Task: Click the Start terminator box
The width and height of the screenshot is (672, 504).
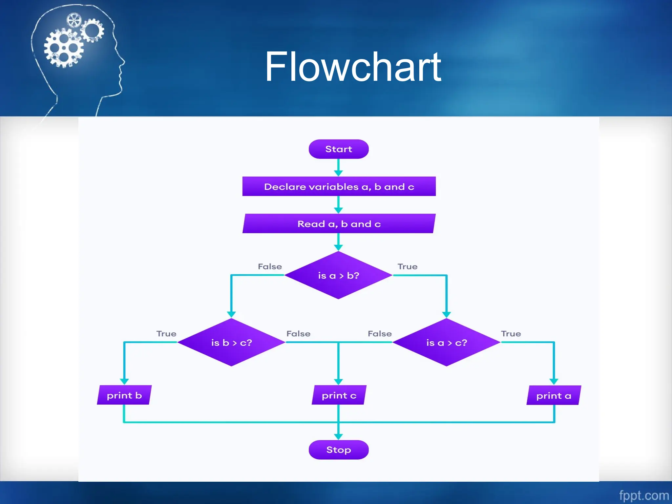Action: click(x=338, y=149)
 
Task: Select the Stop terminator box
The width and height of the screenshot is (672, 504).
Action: click(x=338, y=450)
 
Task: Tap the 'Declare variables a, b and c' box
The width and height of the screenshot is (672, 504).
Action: click(x=339, y=186)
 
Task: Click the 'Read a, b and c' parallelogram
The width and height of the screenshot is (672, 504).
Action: click(x=339, y=224)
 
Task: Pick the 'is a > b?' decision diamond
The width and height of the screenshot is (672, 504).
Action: click(x=338, y=275)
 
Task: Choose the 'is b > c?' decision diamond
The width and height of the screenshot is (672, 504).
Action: click(x=231, y=343)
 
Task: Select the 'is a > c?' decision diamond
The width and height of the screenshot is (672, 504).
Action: click(x=446, y=343)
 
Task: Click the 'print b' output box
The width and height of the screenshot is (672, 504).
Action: click(x=124, y=395)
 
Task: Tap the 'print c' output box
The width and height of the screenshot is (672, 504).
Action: click(x=339, y=395)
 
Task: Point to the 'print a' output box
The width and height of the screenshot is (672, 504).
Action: click(x=554, y=395)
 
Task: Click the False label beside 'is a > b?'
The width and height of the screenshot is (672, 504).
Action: click(x=270, y=266)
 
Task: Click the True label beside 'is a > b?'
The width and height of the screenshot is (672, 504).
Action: click(x=408, y=266)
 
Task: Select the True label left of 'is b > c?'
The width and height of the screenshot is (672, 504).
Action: click(x=166, y=334)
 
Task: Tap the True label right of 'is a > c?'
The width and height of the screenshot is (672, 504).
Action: click(x=511, y=334)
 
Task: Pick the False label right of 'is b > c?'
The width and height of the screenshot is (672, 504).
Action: click(x=298, y=334)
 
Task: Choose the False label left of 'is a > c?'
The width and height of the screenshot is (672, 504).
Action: click(x=380, y=334)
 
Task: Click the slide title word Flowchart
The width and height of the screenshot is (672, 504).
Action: click(x=353, y=67)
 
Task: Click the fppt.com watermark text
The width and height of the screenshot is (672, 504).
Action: click(x=643, y=495)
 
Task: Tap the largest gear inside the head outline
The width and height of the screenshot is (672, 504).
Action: click(x=64, y=48)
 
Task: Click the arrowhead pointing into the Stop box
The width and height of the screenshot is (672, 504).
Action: click(x=338, y=437)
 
